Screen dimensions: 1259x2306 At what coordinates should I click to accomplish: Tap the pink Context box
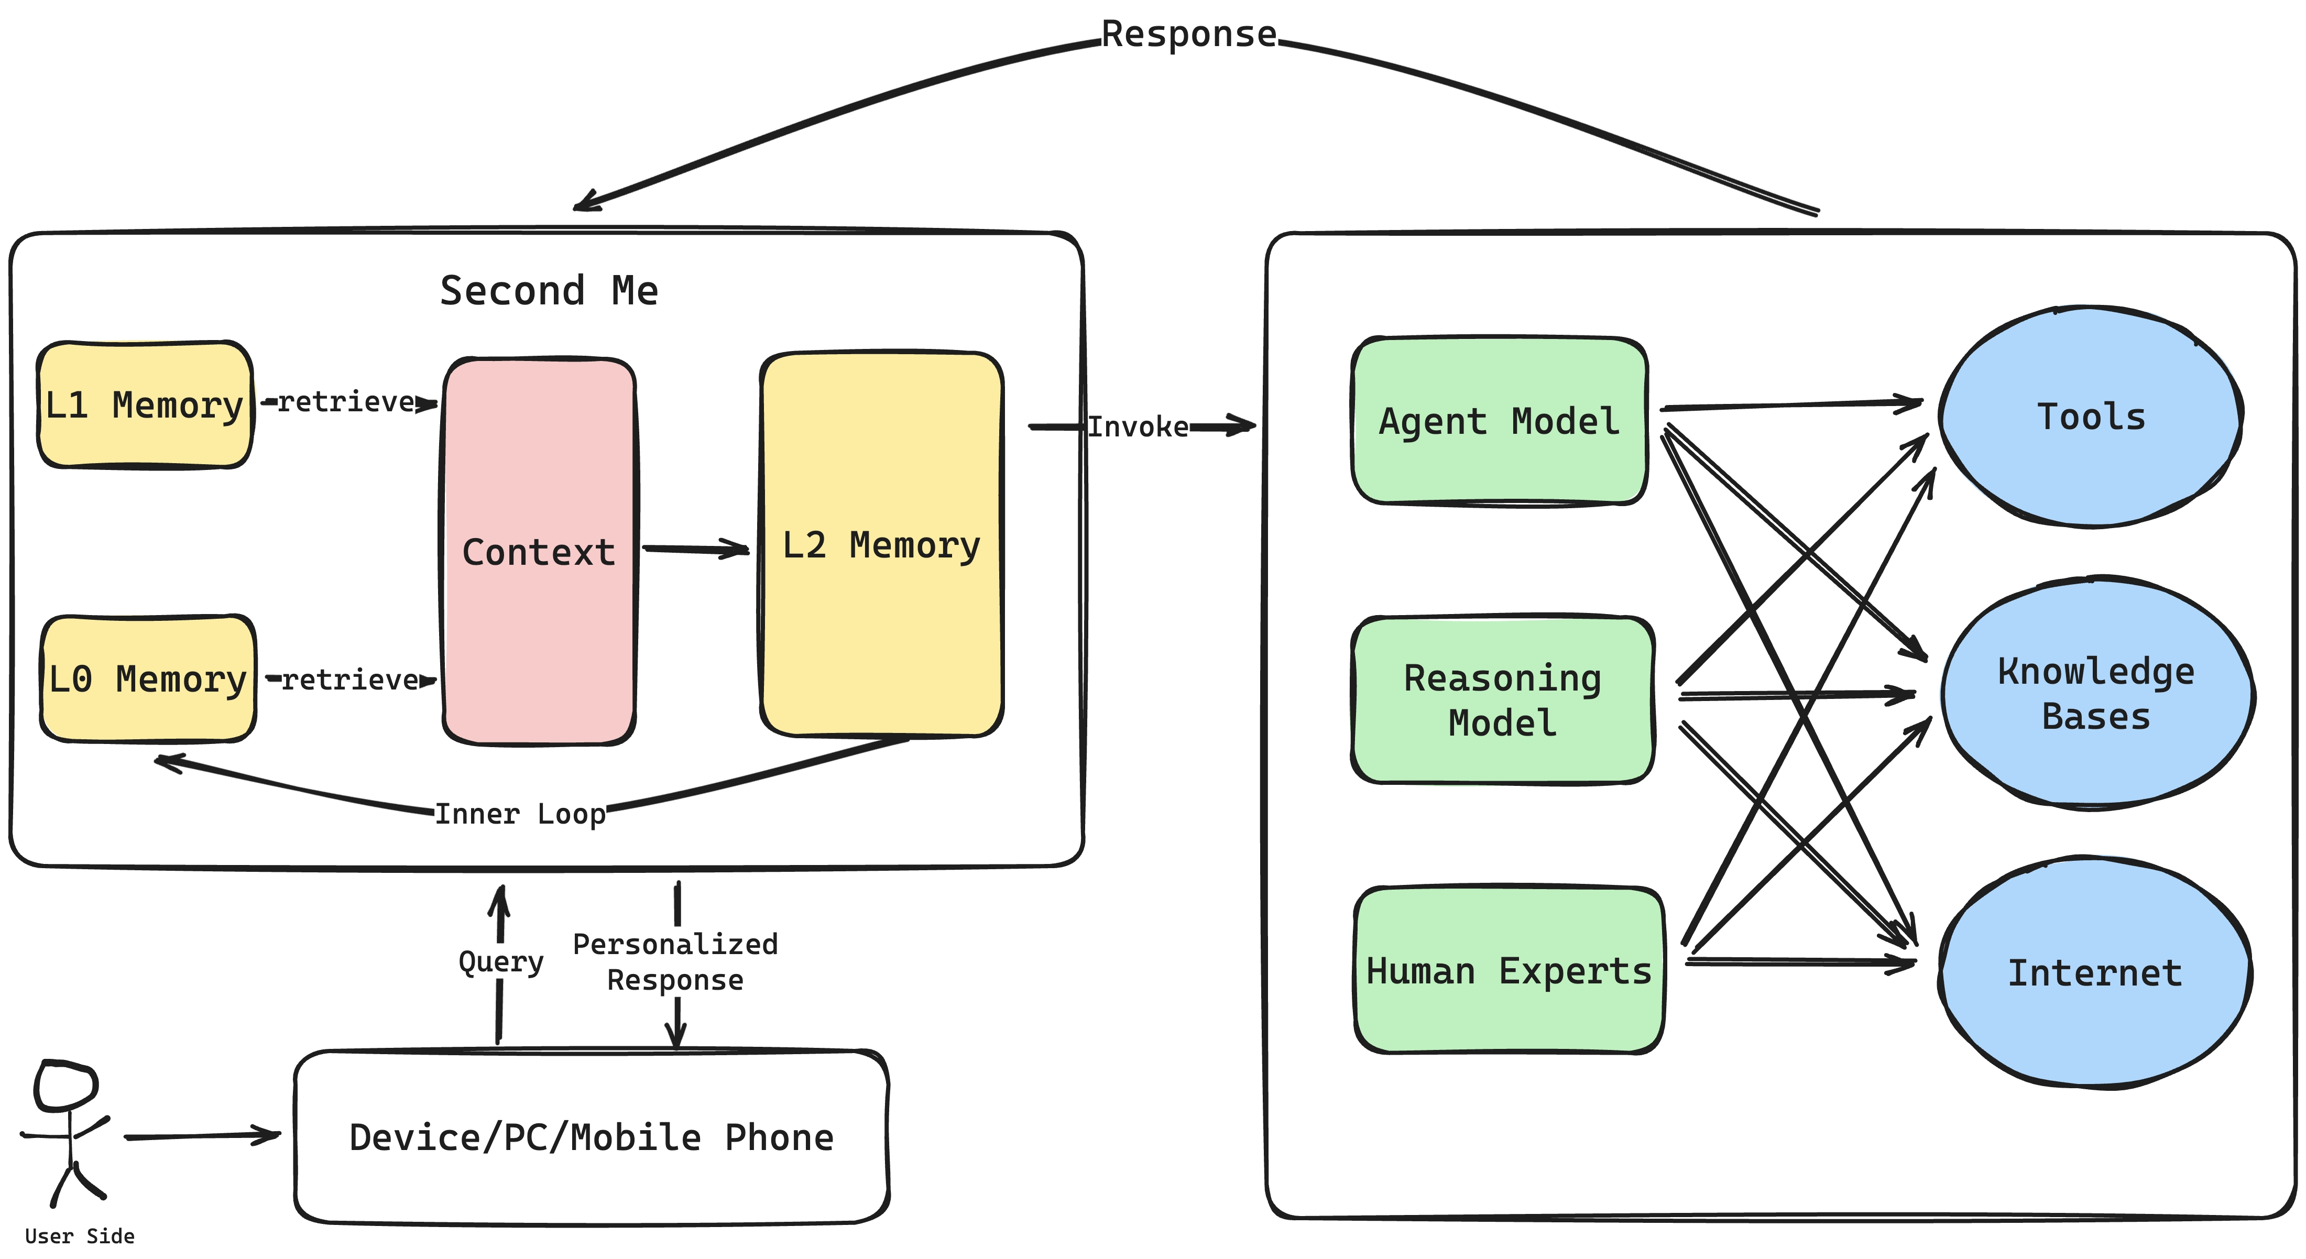(x=539, y=552)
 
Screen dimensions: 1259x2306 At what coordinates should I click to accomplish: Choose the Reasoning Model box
(x=1502, y=700)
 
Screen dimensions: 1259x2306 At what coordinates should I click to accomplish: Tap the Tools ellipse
(x=2091, y=417)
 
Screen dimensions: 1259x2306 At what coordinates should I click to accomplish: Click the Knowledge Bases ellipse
(x=2096, y=694)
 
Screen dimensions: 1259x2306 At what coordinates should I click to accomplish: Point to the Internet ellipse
(x=2095, y=972)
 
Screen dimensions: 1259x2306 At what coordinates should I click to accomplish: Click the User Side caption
(x=80, y=1236)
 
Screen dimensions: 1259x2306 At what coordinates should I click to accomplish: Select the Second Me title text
(x=549, y=291)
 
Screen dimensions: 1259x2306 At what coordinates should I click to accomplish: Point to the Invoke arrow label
(x=1138, y=427)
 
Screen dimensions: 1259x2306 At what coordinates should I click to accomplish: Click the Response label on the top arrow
(x=1189, y=34)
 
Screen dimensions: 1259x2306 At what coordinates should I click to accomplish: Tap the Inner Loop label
(x=520, y=813)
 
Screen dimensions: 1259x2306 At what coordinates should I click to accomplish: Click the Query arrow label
(x=500, y=962)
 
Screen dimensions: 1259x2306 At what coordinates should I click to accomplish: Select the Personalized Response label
(x=675, y=962)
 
